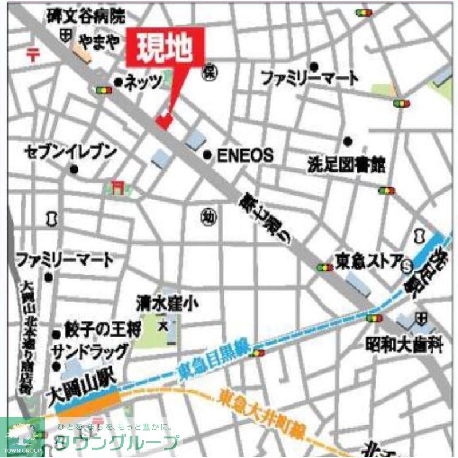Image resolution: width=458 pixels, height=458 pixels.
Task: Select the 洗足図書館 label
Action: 346,165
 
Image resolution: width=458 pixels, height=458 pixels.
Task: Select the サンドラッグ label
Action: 86,350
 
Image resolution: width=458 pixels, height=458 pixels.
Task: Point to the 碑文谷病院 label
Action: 85,17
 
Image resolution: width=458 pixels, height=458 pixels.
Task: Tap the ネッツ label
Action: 143,82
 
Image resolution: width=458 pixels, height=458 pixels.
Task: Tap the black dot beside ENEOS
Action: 208,155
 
